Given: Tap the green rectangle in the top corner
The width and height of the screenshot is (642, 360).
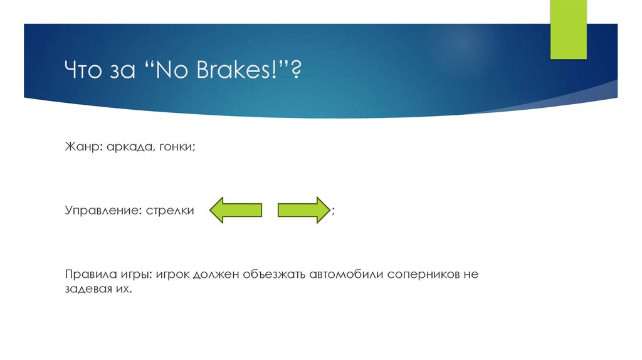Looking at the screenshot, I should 568,29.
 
